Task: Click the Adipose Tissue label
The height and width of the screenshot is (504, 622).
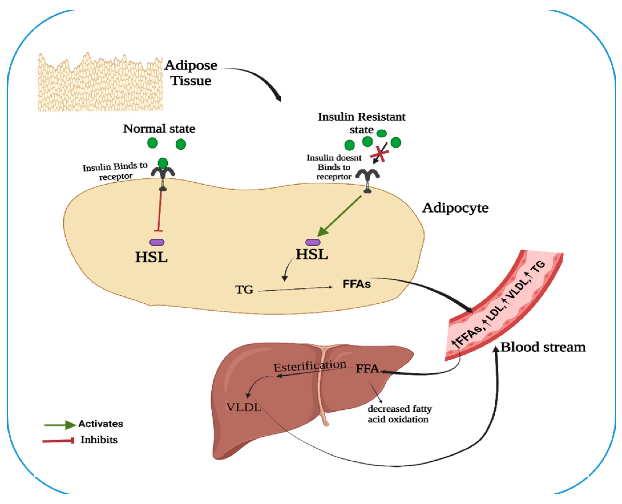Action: (191, 73)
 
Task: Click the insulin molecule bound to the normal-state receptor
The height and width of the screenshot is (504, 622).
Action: (163, 163)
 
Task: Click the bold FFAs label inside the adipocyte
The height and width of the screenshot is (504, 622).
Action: (357, 284)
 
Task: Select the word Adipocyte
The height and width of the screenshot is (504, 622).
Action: (455, 208)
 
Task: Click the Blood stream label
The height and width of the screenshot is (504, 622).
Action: (543, 347)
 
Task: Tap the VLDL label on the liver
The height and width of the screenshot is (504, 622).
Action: (244, 407)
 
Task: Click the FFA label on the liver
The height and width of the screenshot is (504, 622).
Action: (367, 369)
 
